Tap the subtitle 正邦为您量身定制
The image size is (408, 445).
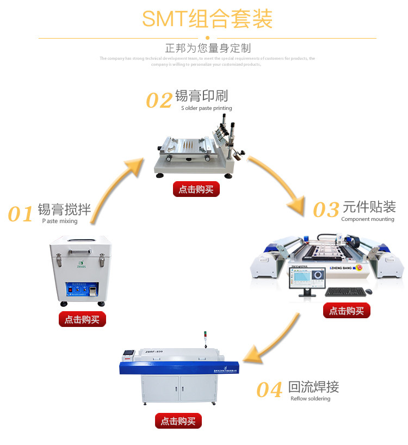pos(208,48)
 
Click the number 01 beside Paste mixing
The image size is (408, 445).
pos(21,214)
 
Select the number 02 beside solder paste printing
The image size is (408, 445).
pos(159,101)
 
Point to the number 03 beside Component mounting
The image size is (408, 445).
pos(326,209)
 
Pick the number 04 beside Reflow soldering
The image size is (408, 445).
pos(269,390)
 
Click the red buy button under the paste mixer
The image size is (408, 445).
pos(82,319)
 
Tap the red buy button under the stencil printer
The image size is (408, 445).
pos(196,189)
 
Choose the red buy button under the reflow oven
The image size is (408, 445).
pos(178,421)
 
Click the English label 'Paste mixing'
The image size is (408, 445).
pos(60,221)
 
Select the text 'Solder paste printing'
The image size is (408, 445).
pos(207,108)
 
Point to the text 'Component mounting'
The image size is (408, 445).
pos(368,219)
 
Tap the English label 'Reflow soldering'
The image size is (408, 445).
pos(310,399)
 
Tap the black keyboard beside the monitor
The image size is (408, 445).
pos(344,292)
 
